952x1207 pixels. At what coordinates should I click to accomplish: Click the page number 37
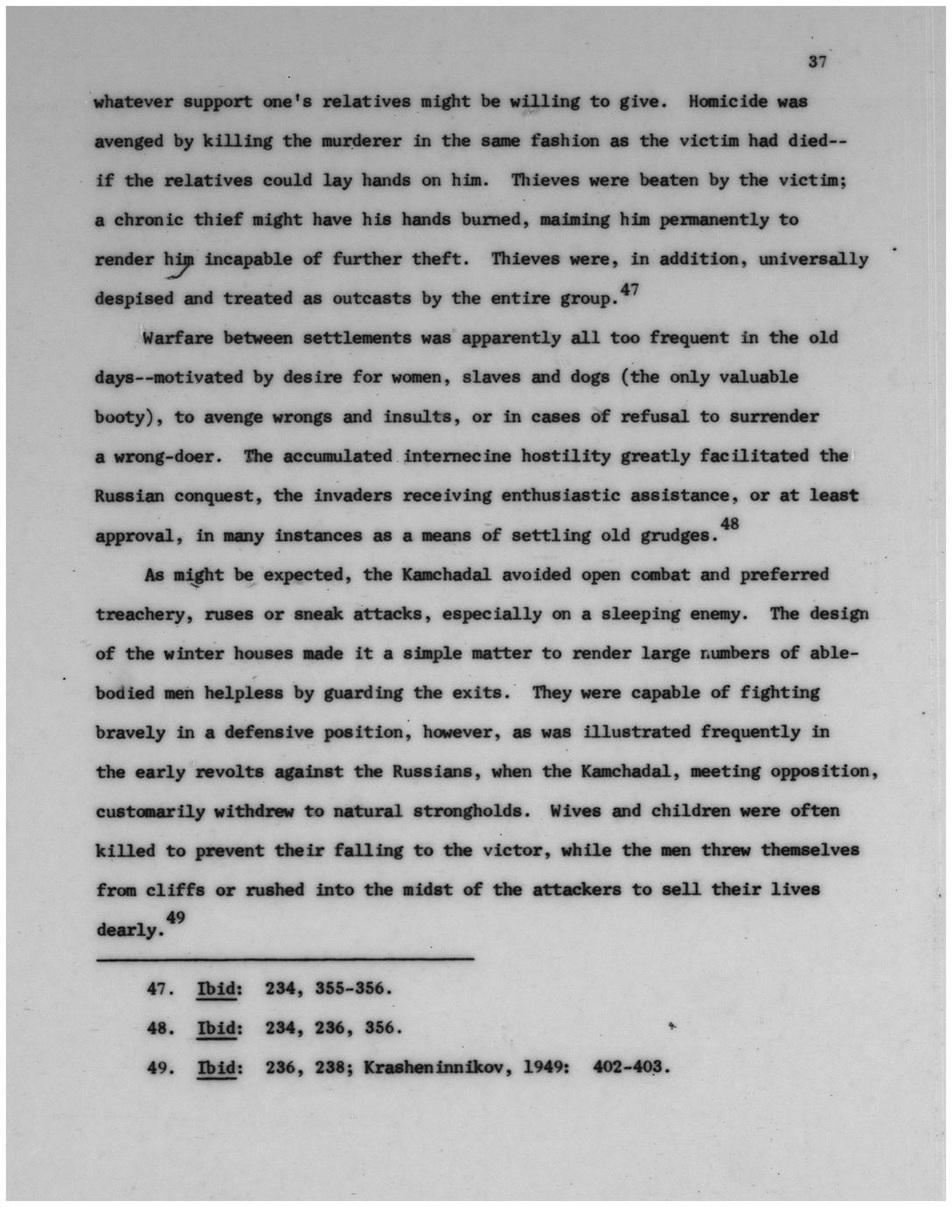coord(817,61)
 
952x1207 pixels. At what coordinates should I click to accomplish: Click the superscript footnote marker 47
coord(629,289)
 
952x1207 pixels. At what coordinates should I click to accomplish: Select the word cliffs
coord(174,890)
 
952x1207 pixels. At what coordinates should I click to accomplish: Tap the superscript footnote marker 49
coord(175,916)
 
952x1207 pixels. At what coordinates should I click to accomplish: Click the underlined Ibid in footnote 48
coord(218,1028)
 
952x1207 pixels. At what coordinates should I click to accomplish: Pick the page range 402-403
coord(630,1067)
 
